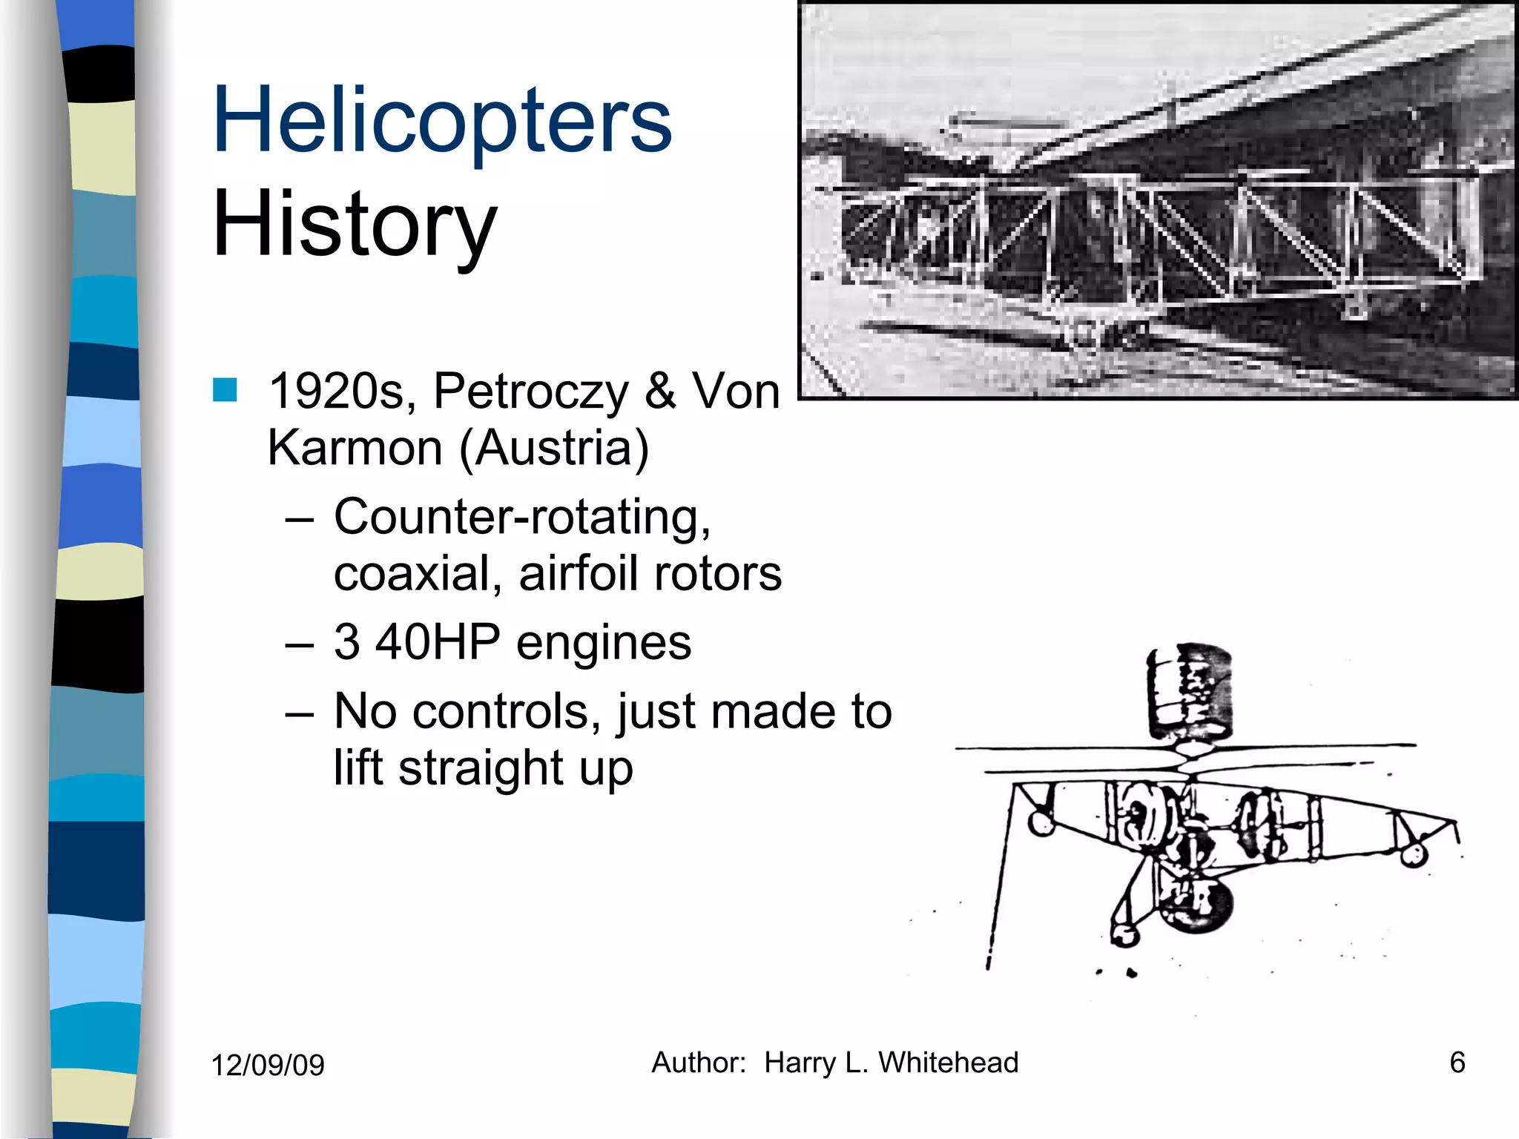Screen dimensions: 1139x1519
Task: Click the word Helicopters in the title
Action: tap(442, 120)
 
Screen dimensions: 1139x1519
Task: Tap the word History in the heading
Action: tap(354, 224)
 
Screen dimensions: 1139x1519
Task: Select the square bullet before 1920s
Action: tap(225, 390)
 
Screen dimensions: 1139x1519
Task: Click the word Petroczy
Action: tap(530, 392)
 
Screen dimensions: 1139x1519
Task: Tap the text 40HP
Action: tap(438, 641)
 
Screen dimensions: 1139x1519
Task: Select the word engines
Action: tap(604, 643)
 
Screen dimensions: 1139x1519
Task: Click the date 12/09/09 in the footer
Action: tap(268, 1065)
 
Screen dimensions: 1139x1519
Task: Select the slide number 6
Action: tap(1457, 1063)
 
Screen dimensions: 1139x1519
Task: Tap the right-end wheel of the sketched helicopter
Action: tap(1414, 854)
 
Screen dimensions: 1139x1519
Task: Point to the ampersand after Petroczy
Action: tap(660, 392)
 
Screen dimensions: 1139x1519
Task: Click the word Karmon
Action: tap(355, 448)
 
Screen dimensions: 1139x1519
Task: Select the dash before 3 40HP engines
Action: tap(299, 644)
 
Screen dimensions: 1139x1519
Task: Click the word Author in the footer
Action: tap(697, 1063)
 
